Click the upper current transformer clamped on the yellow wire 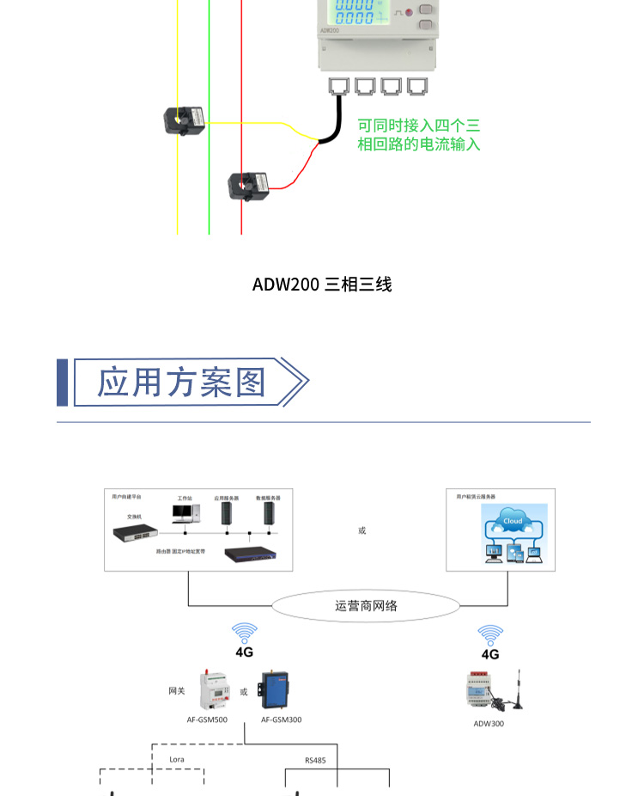pyautogui.click(x=185, y=120)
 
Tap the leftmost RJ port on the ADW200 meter pyautogui.click(x=338, y=86)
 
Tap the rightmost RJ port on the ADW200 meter pyautogui.click(x=416, y=86)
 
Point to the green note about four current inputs pyautogui.click(x=419, y=135)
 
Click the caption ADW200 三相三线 pyautogui.click(x=322, y=285)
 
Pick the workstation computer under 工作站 pyautogui.click(x=185, y=513)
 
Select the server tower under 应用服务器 pyautogui.click(x=228, y=513)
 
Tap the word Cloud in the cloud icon pyautogui.click(x=513, y=521)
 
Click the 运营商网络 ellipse pyautogui.click(x=366, y=606)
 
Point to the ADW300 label pyautogui.click(x=489, y=724)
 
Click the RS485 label pyautogui.click(x=315, y=761)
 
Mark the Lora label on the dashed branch pyautogui.click(x=176, y=760)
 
